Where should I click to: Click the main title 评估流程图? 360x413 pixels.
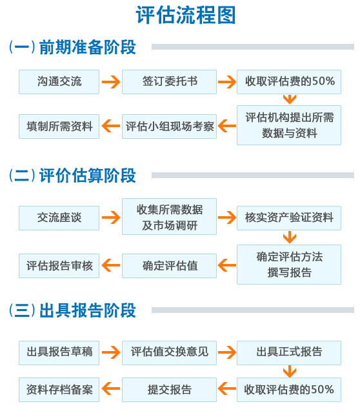coord(186,15)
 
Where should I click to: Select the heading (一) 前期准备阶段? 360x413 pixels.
coord(72,47)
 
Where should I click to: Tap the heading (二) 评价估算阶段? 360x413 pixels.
coord(72,176)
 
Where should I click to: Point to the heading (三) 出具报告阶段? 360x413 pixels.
coord(72,310)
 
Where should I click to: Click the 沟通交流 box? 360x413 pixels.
coord(59,82)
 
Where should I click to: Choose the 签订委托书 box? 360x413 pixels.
coord(169,82)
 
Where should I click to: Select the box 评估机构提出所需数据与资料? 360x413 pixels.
coord(289,125)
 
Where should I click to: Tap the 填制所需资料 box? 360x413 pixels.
coord(59,126)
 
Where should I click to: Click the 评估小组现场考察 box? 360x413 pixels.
coord(169,126)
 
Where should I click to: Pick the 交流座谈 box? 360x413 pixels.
coord(59,218)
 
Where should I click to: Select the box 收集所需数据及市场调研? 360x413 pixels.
coord(169,217)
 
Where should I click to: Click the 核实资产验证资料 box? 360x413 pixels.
coord(289,218)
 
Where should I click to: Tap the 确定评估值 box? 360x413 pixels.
coord(169,266)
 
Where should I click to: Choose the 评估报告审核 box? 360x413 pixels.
coord(59,266)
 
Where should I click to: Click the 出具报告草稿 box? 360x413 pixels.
coord(59,353)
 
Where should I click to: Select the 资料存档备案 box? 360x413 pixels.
coord(59,390)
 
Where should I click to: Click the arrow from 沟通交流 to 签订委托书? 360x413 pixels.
coord(111,82)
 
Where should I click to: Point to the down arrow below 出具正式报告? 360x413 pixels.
coord(290,372)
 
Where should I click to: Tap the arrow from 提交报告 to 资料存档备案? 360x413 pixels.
coord(111,388)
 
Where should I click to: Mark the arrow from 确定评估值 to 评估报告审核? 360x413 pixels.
coord(111,265)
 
